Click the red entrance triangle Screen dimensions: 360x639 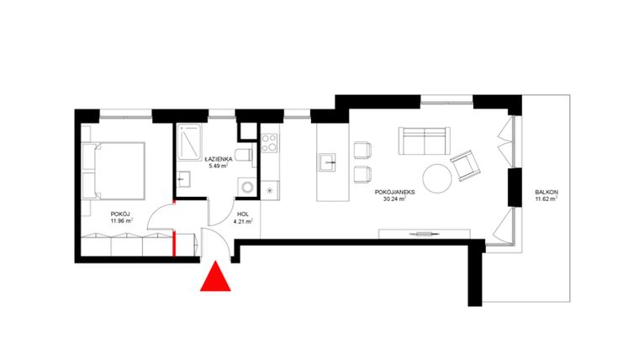(x=215, y=278)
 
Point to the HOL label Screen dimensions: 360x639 (x=242, y=214)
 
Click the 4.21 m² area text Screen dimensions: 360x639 (x=243, y=221)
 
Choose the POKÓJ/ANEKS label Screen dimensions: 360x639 (x=393, y=193)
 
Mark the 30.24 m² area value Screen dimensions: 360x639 (x=393, y=200)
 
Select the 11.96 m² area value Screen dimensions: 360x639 (x=122, y=221)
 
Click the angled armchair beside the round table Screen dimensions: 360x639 (x=465, y=166)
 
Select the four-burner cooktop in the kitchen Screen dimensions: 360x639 (x=269, y=144)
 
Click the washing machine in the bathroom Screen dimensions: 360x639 (x=246, y=187)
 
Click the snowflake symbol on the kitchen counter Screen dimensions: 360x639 (x=269, y=190)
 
